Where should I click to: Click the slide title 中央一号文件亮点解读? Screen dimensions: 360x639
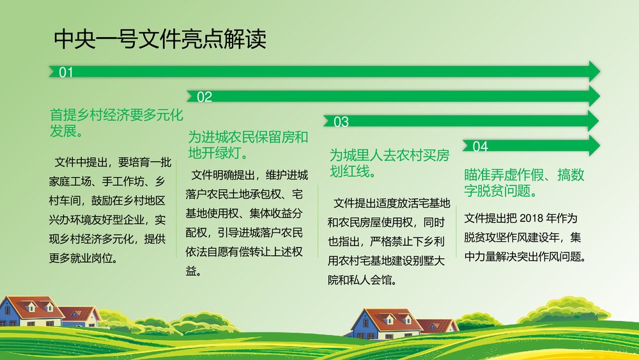(160, 40)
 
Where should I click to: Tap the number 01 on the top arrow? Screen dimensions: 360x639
(66, 72)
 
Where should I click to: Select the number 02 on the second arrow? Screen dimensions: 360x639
(204, 97)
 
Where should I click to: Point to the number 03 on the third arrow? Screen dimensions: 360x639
(341, 121)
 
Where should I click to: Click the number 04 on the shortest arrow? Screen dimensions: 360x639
(480, 146)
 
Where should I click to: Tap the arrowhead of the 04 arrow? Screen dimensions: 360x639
(594, 146)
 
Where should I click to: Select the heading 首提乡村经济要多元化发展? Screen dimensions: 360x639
(116, 123)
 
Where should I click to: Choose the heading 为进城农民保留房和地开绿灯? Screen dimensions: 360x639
(247, 145)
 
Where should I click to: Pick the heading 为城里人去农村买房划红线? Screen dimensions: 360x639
(389, 163)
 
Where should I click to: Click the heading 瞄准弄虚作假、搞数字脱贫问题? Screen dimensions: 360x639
(524, 182)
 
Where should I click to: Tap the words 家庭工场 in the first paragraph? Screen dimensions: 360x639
(71, 180)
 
